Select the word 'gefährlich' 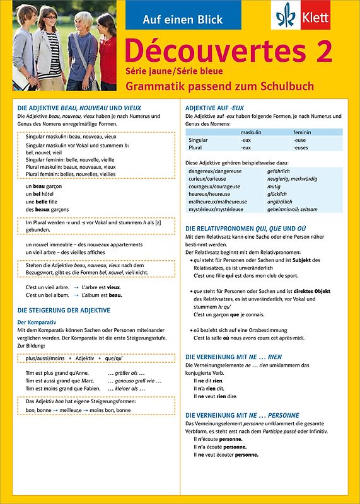(279, 171)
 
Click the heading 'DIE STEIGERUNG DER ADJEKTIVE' (64, 311)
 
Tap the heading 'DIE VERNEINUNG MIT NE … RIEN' (233, 357)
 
